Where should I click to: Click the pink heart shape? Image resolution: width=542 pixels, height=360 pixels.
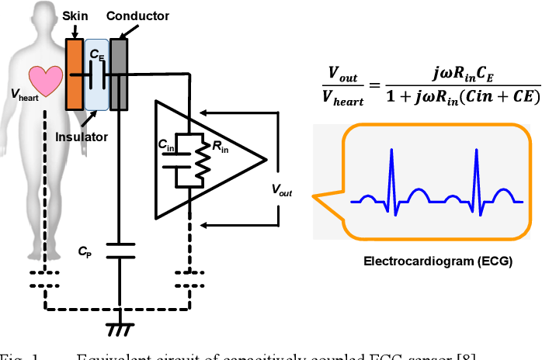pyautogui.click(x=46, y=81)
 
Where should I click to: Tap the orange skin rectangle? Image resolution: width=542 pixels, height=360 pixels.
pyautogui.click(x=75, y=74)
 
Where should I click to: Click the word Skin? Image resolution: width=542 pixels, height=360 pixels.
pyautogui.click(x=75, y=15)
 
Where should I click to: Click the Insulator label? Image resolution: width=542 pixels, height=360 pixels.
pyautogui.click(x=82, y=137)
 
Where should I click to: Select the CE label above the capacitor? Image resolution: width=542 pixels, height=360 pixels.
pyautogui.click(x=97, y=56)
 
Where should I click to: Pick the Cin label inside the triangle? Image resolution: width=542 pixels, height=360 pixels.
pyautogui.click(x=166, y=144)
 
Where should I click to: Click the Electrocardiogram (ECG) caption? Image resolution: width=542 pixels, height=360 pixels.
pyautogui.click(x=438, y=261)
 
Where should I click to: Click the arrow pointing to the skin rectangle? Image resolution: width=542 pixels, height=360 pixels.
pyautogui.click(x=75, y=30)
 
